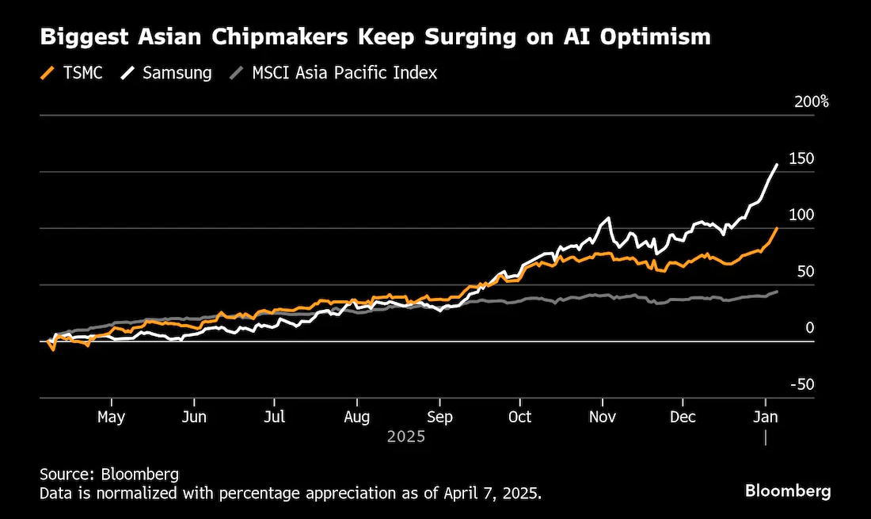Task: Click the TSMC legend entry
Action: [71, 73]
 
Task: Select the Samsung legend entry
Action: [166, 73]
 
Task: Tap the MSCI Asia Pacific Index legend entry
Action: [333, 73]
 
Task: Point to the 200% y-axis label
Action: [812, 101]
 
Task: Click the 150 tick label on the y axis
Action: [801, 158]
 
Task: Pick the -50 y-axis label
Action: [802, 384]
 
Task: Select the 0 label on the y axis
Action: [810, 328]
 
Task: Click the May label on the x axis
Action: [111, 417]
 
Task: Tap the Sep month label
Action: [439, 417]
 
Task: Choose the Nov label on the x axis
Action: [602, 417]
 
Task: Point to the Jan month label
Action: [766, 417]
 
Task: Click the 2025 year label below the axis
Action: [406, 437]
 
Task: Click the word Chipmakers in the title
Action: [280, 37]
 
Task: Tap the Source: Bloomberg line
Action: [109, 474]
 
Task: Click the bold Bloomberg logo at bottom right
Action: [788, 490]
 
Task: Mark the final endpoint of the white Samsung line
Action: [777, 165]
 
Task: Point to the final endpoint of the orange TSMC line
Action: [777, 228]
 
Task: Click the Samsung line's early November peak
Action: [609, 218]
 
